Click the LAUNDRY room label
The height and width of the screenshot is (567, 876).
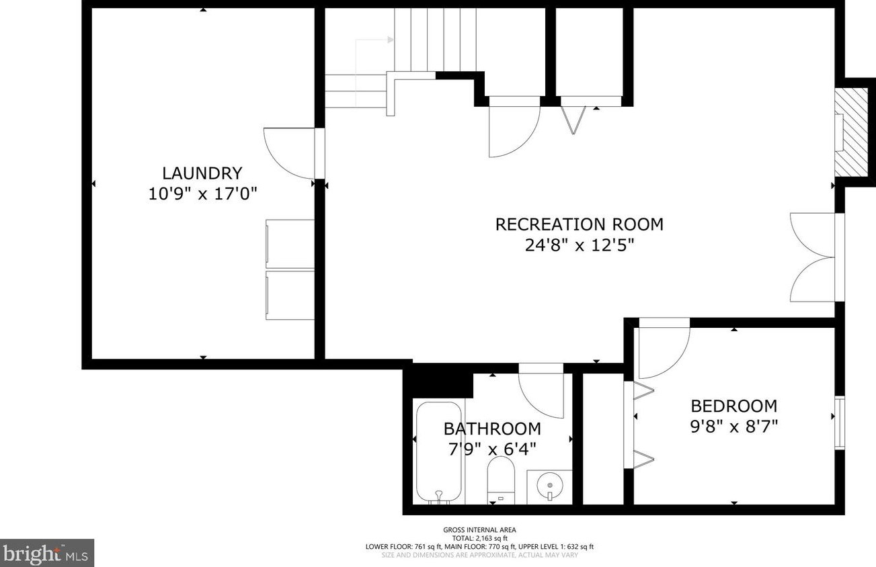point(202,173)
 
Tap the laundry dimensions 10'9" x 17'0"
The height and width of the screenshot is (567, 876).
point(202,194)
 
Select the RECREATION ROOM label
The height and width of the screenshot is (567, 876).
point(579,224)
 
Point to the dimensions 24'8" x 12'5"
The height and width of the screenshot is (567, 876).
point(579,245)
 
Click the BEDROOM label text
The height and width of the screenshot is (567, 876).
point(734,406)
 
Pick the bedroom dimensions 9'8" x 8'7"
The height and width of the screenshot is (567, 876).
point(734,427)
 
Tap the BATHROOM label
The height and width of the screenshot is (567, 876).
point(492,428)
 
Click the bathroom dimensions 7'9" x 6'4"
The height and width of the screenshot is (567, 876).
point(492,449)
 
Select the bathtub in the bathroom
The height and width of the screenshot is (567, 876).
point(438,451)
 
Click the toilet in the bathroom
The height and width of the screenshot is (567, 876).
point(500,480)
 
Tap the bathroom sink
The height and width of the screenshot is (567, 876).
point(549,485)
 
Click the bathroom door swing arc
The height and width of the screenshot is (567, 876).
point(541,394)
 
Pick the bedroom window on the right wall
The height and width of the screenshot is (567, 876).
point(839,423)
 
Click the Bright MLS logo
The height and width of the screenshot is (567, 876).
point(47,553)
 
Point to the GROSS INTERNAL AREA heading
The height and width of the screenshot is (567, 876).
point(479,530)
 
